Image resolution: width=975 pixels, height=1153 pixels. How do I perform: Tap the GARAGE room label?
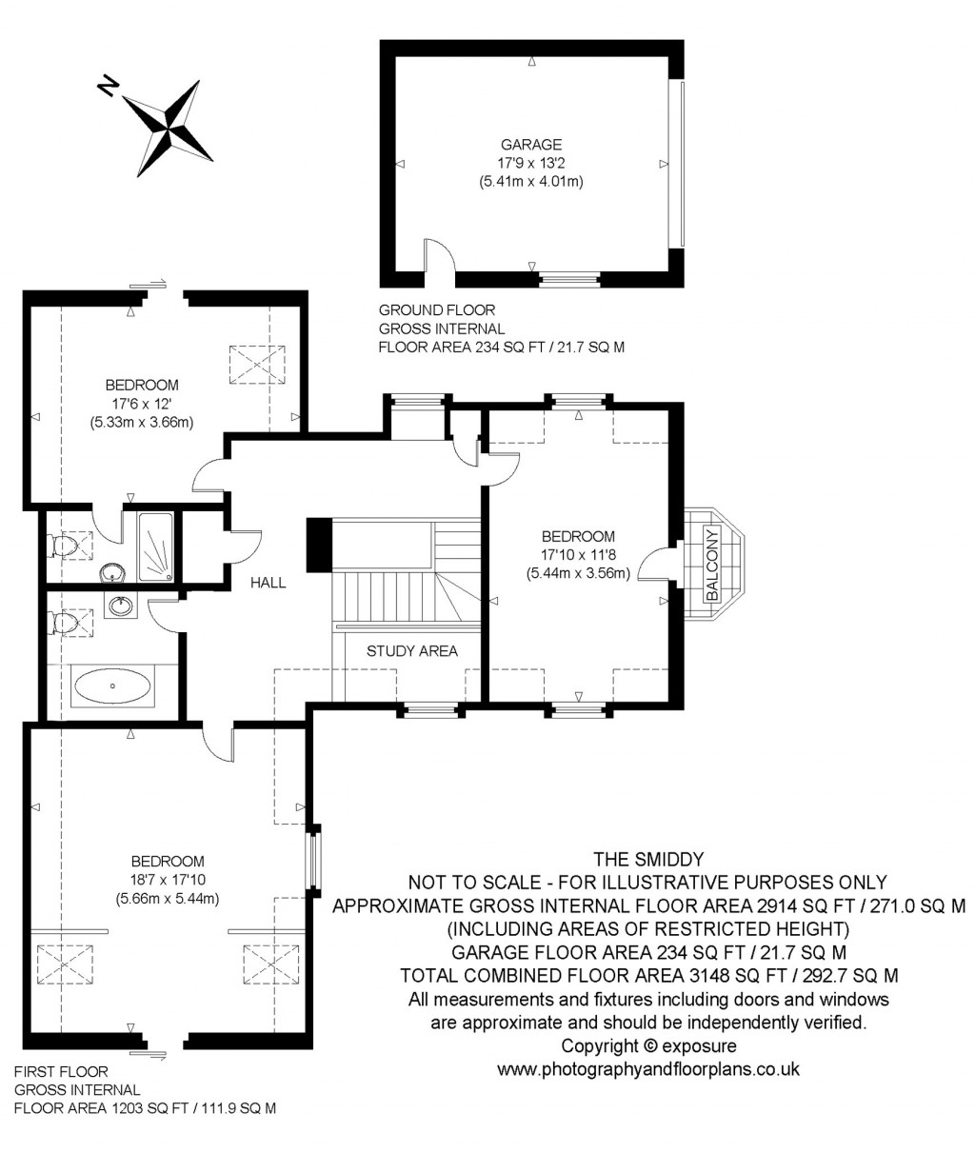pyautogui.click(x=531, y=145)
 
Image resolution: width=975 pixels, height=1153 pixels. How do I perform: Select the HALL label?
pyautogui.click(x=268, y=583)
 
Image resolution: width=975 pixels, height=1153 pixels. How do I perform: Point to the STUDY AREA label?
pyautogui.click(x=412, y=651)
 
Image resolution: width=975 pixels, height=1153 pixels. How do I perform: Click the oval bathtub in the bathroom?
pyautogui.click(x=112, y=686)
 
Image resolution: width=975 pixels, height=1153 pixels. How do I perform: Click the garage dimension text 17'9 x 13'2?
pyautogui.click(x=531, y=163)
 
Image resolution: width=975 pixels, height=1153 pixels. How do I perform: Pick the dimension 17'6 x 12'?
pyautogui.click(x=142, y=403)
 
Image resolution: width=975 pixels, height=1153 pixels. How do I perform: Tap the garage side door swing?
pyautogui.click(x=439, y=257)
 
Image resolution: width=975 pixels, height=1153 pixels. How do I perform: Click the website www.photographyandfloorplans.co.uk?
pyautogui.click(x=648, y=1069)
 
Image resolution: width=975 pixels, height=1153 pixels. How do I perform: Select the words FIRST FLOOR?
pyautogui.click(x=61, y=1072)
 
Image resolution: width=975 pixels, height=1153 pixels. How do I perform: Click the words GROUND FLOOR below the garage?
pyautogui.click(x=437, y=310)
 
